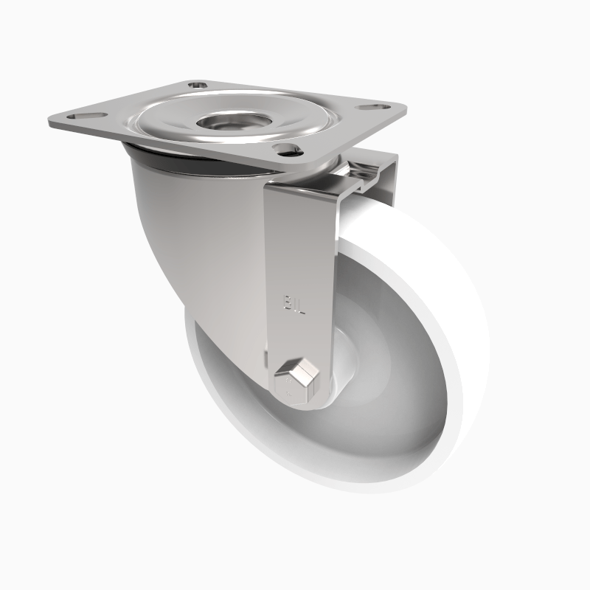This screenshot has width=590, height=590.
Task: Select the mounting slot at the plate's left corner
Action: point(80,116)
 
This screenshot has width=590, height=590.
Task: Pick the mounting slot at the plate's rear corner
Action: point(197,85)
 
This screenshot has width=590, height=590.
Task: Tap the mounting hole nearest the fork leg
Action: point(286,150)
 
